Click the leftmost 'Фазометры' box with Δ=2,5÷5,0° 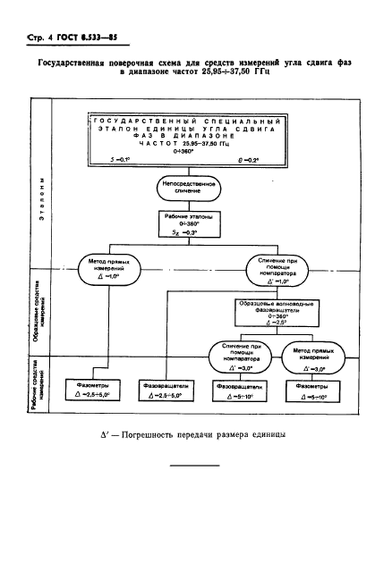[x=88, y=390]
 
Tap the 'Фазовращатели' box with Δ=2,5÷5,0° [x=166, y=390]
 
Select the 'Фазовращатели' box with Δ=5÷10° [x=236, y=390]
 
